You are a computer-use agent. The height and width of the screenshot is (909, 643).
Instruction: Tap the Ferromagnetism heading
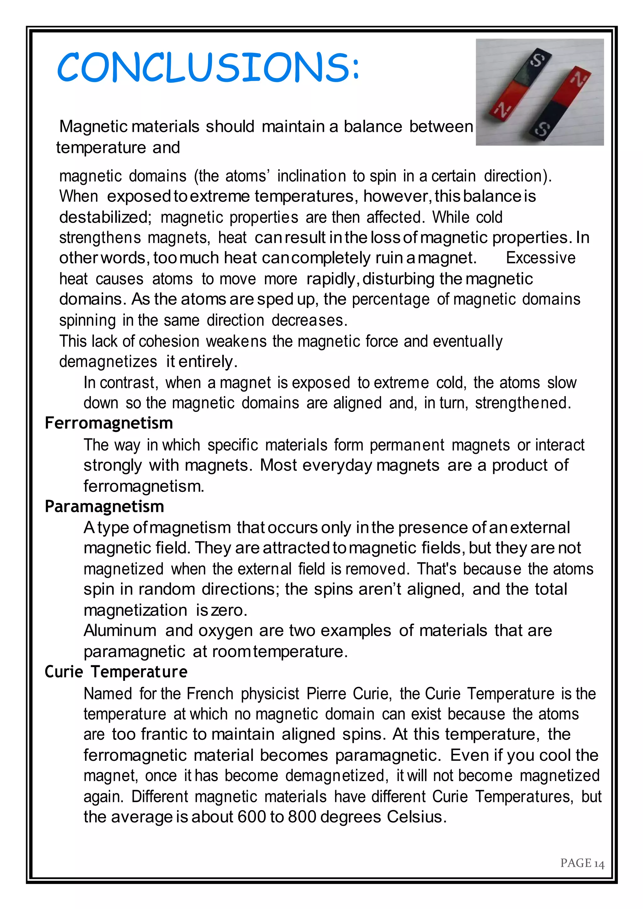tap(109, 423)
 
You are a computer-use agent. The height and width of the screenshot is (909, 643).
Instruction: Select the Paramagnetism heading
tap(104, 507)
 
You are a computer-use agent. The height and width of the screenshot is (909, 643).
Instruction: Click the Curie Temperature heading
tap(116, 672)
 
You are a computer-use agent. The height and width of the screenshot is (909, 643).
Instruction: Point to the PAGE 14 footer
tap(582, 863)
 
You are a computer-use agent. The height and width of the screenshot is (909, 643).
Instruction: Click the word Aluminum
tap(120, 631)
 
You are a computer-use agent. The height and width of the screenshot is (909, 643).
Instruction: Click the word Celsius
tap(417, 817)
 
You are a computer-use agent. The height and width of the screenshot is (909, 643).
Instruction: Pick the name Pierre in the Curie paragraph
tap(326, 694)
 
